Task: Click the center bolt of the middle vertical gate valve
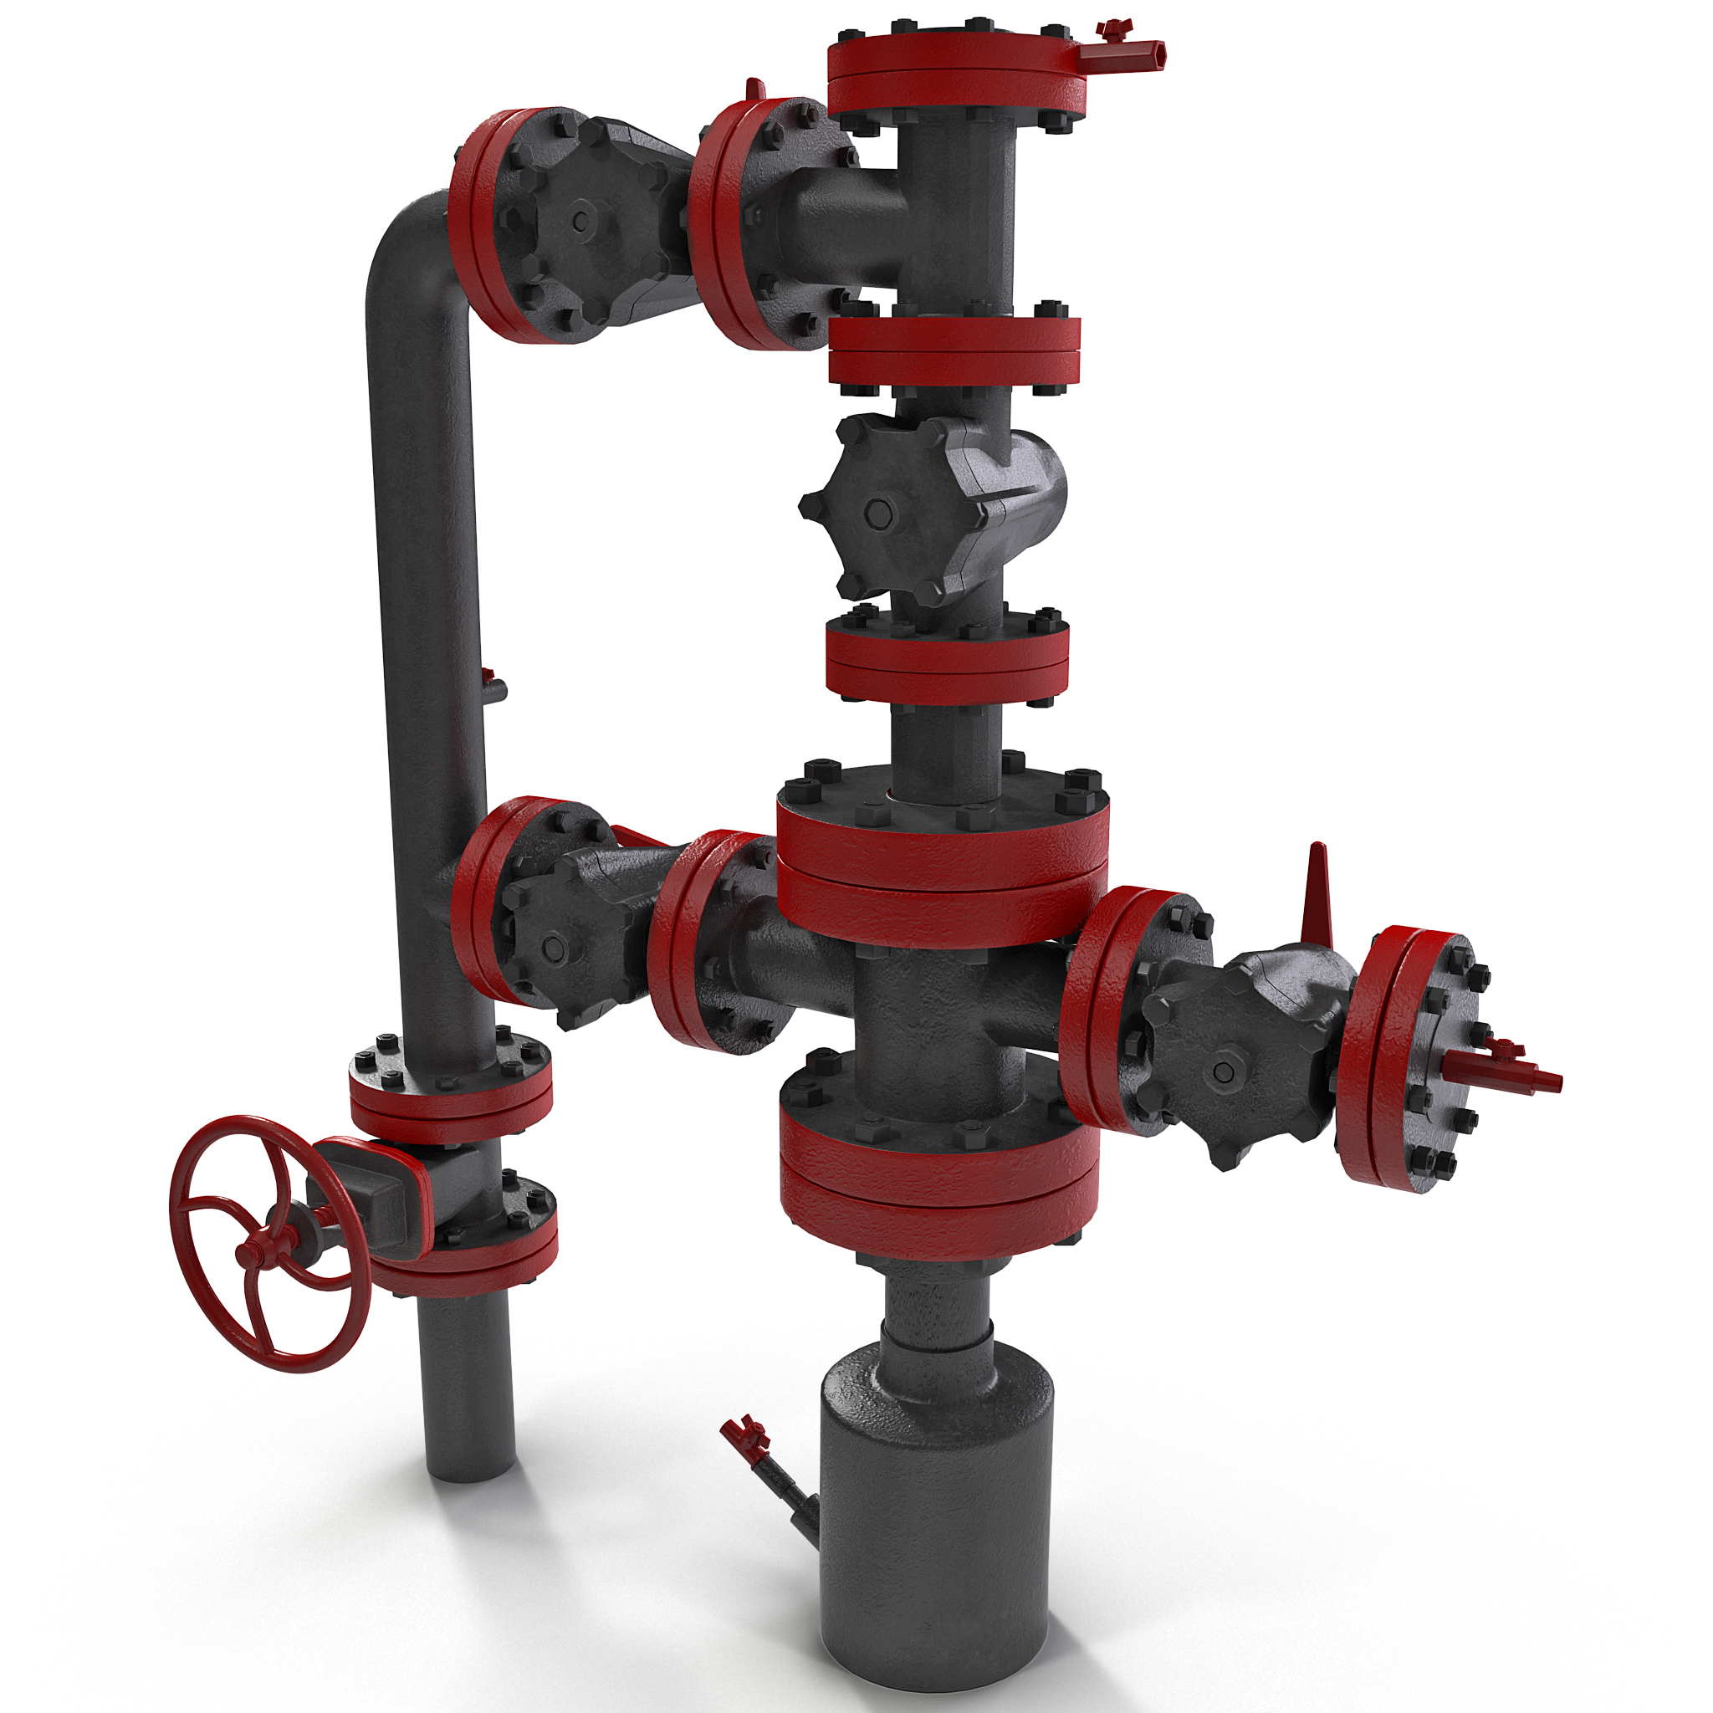877,513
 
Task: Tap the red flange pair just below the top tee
955,350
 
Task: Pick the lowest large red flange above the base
940,1168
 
